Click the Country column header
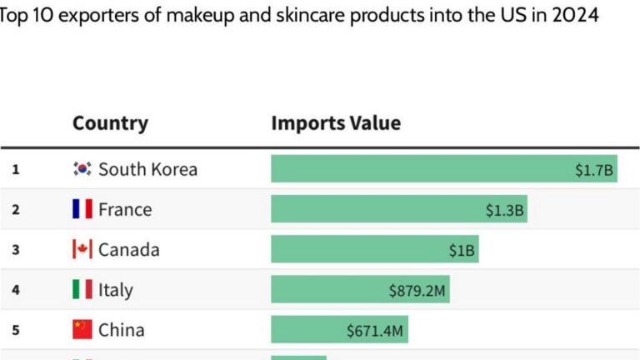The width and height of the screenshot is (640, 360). pos(110,123)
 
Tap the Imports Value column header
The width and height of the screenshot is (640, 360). pos(336,123)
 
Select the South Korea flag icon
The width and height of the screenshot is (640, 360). pos(82,169)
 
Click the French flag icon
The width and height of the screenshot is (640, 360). pos(82,209)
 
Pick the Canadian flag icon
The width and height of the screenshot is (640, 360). pos(82,249)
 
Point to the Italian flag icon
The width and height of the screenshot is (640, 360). pos(82,290)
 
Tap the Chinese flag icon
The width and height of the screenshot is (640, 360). pos(82,330)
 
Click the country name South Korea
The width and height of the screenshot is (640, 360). pos(147,169)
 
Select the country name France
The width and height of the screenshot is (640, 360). pos(125,209)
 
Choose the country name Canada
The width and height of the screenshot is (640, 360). pos(128,249)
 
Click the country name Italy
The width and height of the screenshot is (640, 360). pos(115,290)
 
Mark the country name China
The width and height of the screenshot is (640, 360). pos(121,330)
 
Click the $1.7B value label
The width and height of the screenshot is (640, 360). pos(594,170)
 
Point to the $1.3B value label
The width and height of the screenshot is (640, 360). pos(505,210)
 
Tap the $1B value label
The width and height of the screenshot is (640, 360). pos(462,250)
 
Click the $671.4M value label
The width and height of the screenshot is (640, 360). pos(375,331)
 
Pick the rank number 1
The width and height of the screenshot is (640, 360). pos(15,170)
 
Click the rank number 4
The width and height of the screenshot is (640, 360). pos(15,291)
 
